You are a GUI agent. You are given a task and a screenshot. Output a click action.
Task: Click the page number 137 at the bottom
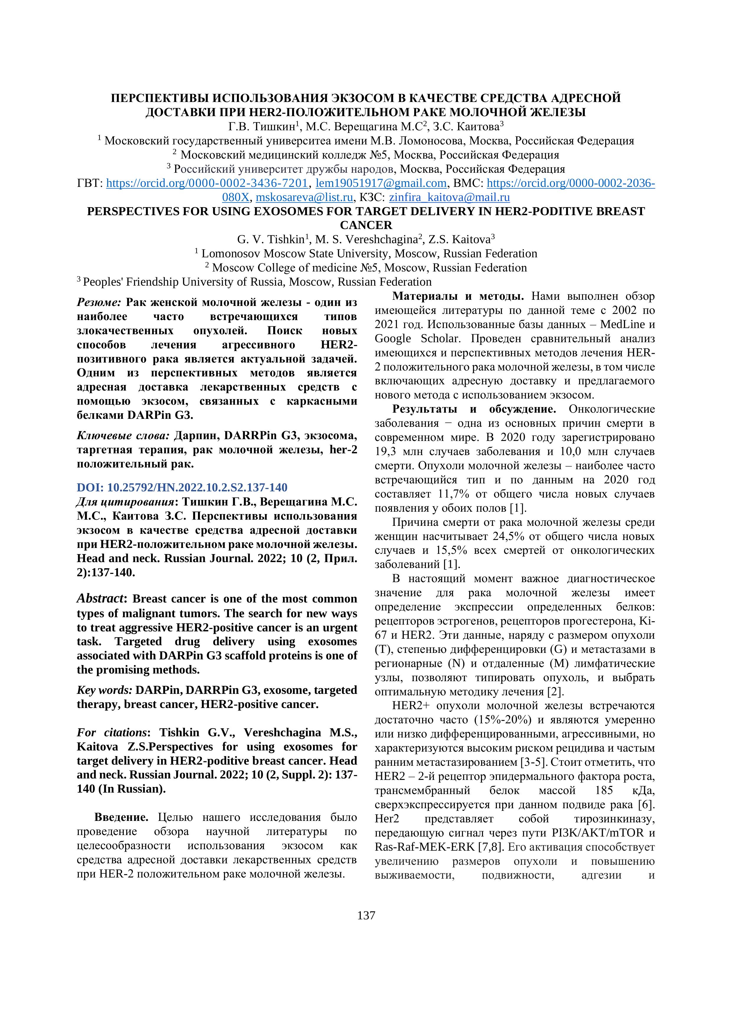point(366,916)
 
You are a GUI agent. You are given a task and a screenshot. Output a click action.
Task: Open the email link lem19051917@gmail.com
point(381,183)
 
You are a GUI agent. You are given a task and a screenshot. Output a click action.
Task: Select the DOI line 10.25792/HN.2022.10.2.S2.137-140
point(182,487)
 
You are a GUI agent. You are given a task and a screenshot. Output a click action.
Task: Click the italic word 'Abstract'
point(100,599)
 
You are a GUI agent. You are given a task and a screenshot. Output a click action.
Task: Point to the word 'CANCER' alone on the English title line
point(366,225)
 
